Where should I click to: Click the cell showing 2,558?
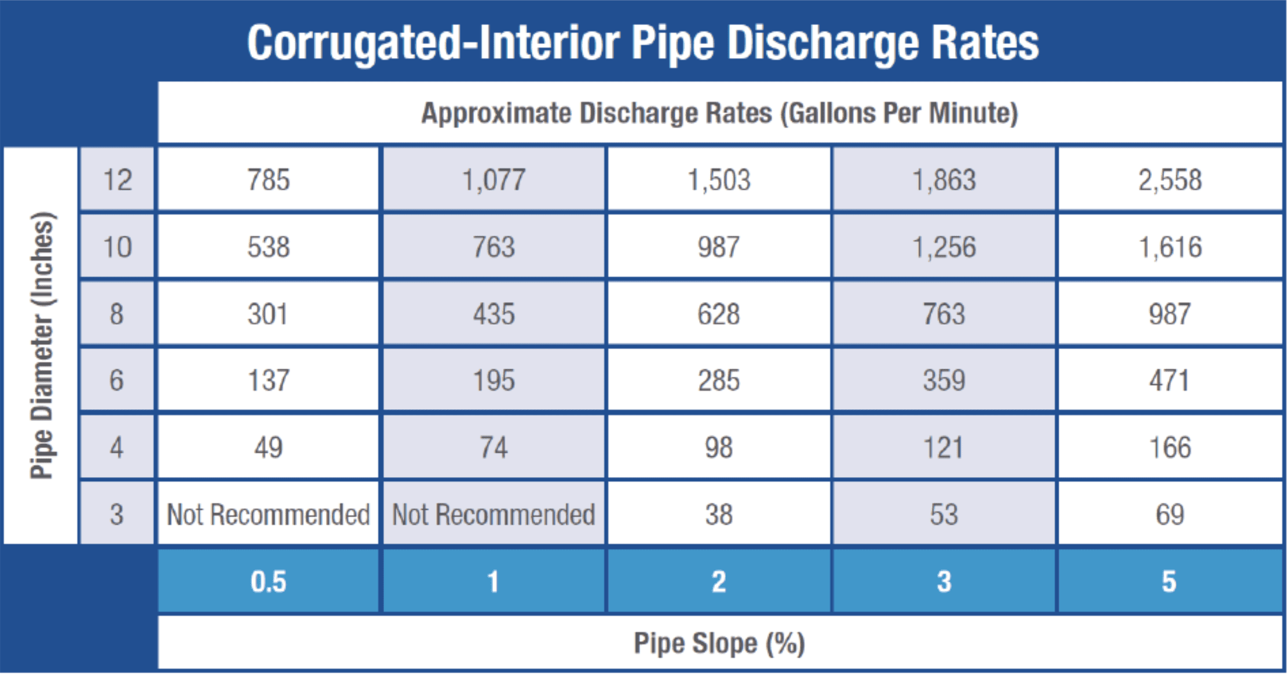pos(1169,180)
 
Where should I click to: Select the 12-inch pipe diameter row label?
pos(117,180)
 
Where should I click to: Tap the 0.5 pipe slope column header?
pos(268,581)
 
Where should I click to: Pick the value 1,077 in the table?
pos(493,180)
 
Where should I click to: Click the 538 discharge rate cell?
pos(268,247)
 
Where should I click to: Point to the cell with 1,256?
pos(944,247)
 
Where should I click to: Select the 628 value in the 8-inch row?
pos(718,314)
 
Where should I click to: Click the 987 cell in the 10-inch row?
pos(718,247)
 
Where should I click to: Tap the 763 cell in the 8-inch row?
pos(944,314)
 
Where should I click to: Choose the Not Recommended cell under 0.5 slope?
pos(268,514)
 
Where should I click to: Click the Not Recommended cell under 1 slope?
pos(493,514)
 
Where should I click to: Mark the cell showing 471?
pos(1169,380)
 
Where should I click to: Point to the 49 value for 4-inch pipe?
pos(268,448)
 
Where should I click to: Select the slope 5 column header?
pos(1169,581)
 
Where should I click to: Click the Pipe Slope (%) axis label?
pos(719,643)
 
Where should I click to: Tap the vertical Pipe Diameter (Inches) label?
pos(42,346)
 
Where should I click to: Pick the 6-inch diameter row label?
pos(117,380)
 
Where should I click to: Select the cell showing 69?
pos(1169,514)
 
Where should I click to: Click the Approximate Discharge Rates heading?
pos(719,113)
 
